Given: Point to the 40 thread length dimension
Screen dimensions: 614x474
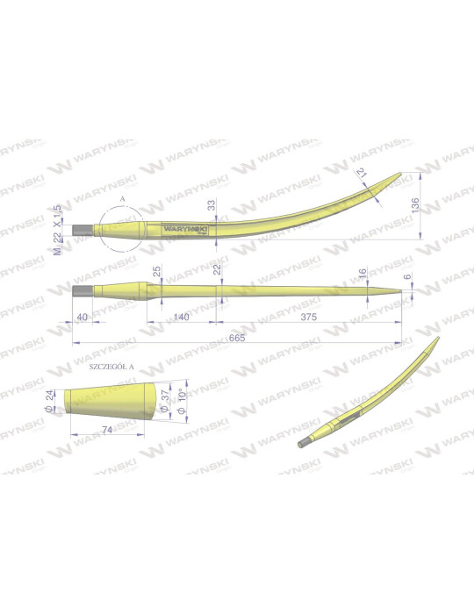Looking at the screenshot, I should tap(82, 317).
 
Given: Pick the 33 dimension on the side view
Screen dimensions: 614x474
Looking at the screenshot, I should tap(211, 205).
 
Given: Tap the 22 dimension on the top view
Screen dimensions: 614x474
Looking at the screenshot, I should tap(216, 268).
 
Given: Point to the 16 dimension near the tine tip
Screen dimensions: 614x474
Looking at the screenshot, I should tap(363, 274).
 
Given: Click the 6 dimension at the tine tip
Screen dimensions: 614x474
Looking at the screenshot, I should tap(406, 277).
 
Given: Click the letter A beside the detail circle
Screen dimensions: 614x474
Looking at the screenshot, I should tap(121, 201).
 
